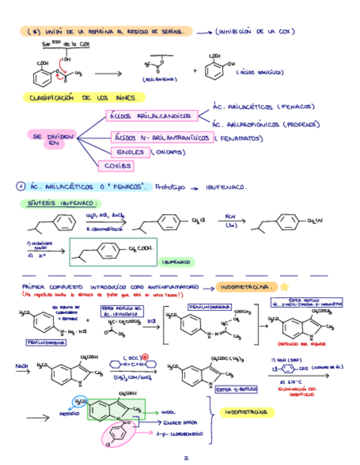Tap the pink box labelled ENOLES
(x=130, y=152)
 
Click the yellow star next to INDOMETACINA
(x=284, y=287)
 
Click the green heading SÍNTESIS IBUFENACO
(x=61, y=203)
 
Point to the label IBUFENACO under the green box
(x=176, y=263)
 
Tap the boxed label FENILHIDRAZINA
(x=46, y=342)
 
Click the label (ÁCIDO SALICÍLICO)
(x=260, y=72)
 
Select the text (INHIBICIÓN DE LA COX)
(x=252, y=32)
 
